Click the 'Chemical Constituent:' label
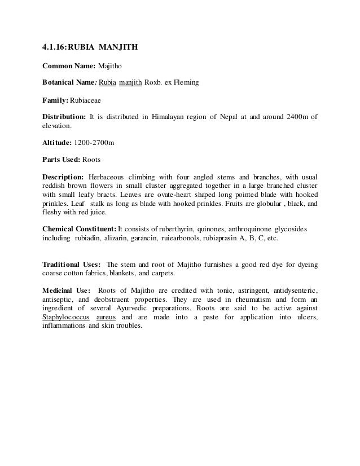79,230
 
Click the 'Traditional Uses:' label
72,265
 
